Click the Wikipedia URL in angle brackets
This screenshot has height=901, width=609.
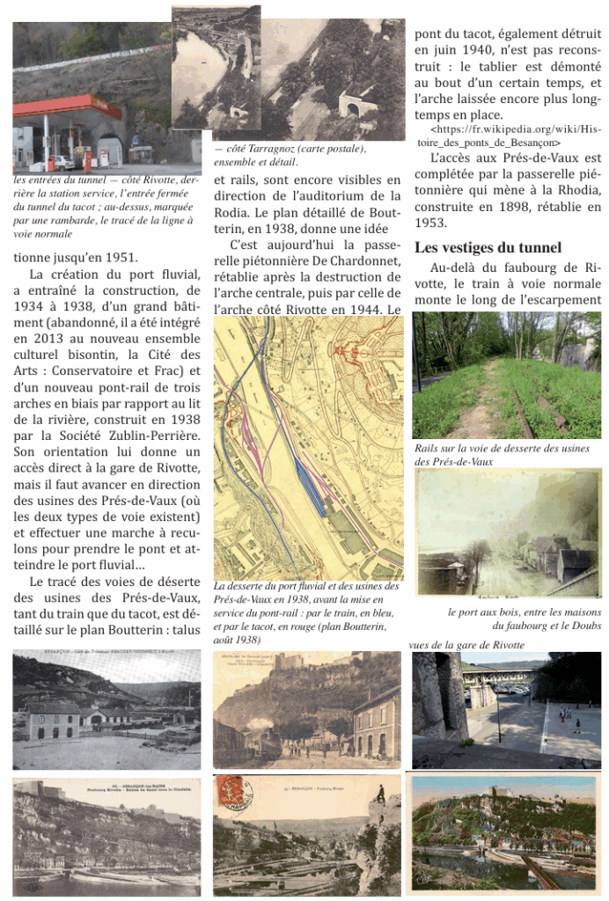(x=509, y=136)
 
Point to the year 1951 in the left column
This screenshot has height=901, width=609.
(x=118, y=258)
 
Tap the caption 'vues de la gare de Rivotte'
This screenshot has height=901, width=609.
(x=466, y=645)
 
